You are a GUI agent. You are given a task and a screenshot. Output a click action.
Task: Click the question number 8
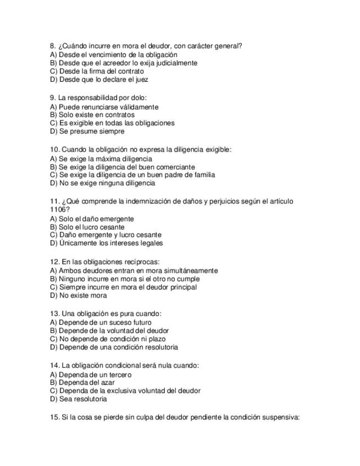pos(52,46)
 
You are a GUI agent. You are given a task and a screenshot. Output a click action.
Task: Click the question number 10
pos(54,149)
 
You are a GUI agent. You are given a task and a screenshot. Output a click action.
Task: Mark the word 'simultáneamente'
pos(190,270)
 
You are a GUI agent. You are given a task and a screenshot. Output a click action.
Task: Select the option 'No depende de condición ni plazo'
pos(109,339)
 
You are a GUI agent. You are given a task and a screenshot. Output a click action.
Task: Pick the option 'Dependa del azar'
pos(83,382)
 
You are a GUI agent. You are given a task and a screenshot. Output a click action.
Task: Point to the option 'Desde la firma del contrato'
pos(97,71)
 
